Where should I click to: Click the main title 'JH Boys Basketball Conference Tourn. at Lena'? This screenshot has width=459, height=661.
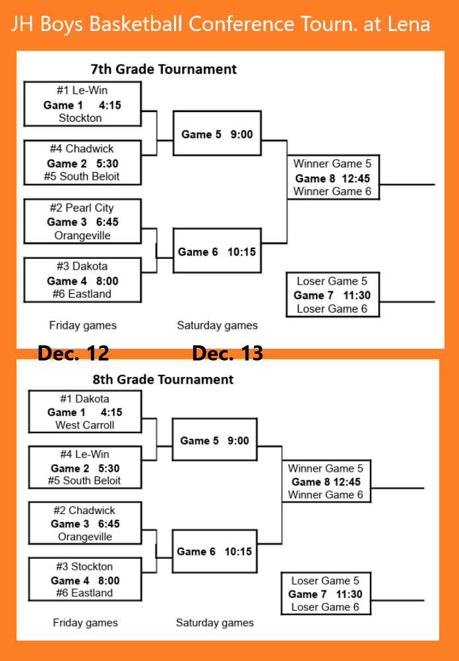[220, 25]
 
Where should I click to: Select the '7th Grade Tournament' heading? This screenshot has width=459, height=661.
[163, 69]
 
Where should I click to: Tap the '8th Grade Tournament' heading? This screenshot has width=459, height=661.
[163, 380]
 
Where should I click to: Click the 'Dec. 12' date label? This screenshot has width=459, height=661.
[73, 354]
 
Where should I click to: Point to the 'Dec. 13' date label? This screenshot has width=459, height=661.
[228, 354]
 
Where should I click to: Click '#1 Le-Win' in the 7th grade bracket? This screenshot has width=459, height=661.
[82, 90]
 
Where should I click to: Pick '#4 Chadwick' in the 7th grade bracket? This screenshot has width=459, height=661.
[82, 149]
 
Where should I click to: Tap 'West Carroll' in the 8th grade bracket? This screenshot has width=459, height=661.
[84, 425]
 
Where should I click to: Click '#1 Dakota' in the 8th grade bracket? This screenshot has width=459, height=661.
[84, 399]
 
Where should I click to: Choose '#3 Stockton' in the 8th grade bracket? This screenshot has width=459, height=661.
[84, 566]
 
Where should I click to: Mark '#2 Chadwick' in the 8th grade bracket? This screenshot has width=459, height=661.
[84, 510]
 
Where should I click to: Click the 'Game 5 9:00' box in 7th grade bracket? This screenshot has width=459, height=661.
[217, 134]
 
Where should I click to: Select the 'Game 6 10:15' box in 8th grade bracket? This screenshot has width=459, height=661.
[214, 552]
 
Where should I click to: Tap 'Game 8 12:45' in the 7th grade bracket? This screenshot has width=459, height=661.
[332, 178]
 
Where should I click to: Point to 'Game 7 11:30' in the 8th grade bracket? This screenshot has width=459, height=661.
[325, 594]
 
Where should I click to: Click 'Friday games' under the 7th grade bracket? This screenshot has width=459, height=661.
[82, 325]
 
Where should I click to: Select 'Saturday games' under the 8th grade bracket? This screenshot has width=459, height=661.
[214, 622]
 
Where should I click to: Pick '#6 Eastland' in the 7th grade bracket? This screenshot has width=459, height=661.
[82, 294]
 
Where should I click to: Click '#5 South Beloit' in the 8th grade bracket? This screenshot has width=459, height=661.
[84, 480]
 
